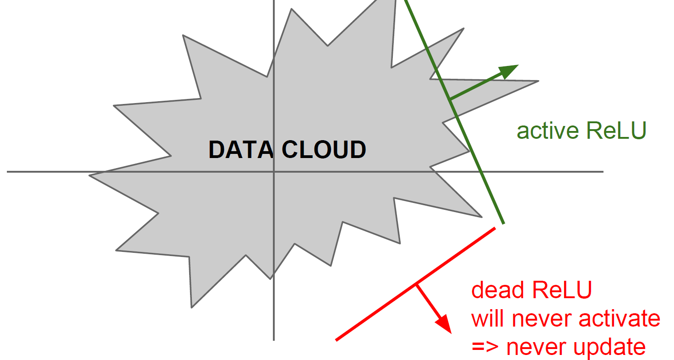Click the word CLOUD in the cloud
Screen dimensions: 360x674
point(324,150)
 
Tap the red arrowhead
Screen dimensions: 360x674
point(444,324)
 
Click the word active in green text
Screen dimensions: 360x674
point(548,131)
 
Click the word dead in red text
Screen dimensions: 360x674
point(498,290)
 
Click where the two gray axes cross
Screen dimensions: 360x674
point(274,172)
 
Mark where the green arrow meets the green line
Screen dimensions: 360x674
point(450,99)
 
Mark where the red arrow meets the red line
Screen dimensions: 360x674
point(416,285)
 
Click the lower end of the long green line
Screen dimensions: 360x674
point(504,224)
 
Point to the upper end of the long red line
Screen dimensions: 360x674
point(495,228)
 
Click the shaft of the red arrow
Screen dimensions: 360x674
point(428,302)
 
